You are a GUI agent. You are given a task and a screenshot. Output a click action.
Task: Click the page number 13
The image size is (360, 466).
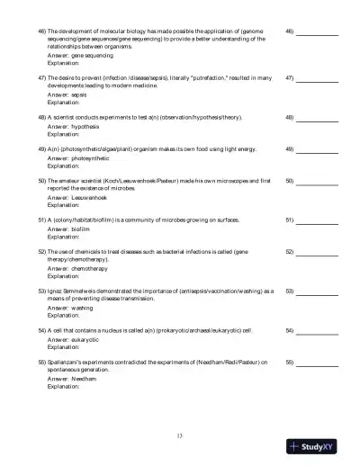pos(180,436)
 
